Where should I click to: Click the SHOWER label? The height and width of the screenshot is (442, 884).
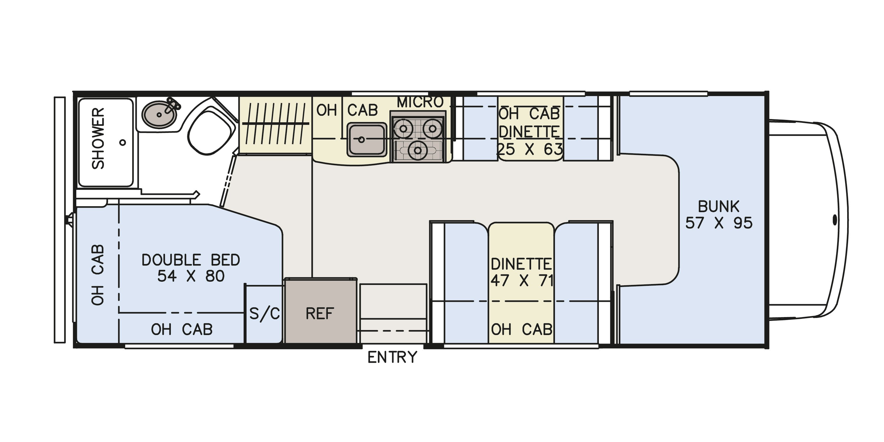pos(98,138)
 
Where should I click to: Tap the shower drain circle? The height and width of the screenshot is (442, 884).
pos(123,142)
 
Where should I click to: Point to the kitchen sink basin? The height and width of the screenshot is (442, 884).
pos(367,140)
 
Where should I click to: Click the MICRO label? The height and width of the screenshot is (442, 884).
pos(420,102)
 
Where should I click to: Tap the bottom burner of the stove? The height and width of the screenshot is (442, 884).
pos(418,150)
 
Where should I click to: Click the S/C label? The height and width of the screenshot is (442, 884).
pos(265,314)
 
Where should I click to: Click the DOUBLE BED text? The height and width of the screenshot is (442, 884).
pos(191,260)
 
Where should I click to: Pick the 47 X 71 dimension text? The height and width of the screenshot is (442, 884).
pos(522,281)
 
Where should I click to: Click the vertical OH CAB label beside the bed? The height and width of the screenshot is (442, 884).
pos(98,275)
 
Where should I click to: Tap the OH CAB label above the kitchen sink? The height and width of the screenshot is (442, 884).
pos(347,111)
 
